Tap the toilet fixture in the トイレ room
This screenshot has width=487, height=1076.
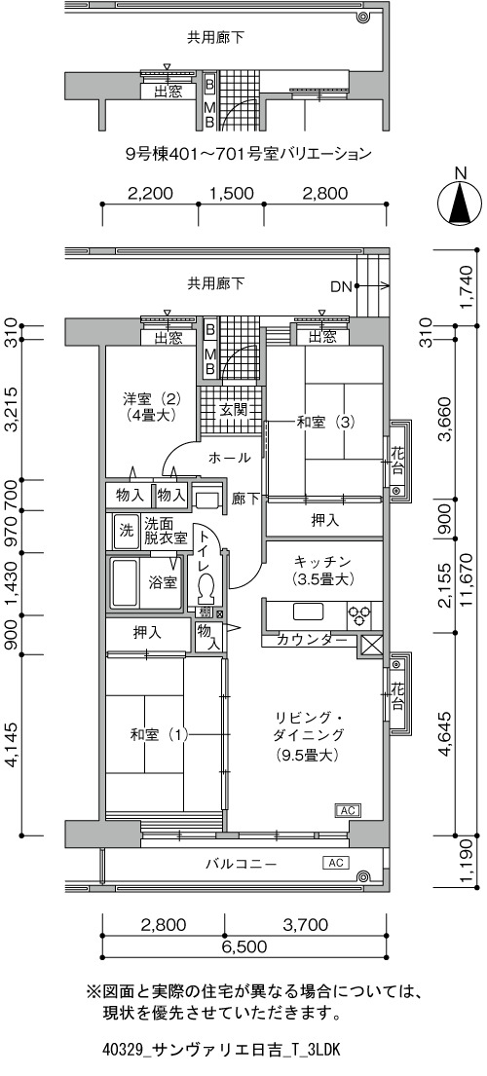(206, 587)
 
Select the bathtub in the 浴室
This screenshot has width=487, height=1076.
(124, 582)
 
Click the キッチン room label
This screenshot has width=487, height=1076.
(316, 570)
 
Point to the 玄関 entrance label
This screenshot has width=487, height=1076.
(231, 411)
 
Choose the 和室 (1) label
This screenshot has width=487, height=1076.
(159, 735)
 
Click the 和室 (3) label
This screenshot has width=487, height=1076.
(325, 423)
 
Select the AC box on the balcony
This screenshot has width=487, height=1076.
(335, 862)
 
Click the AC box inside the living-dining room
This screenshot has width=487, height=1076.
(347, 810)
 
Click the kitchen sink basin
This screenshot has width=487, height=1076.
(308, 611)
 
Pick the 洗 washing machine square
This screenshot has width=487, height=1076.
(126, 531)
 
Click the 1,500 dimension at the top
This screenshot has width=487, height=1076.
(229, 193)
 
